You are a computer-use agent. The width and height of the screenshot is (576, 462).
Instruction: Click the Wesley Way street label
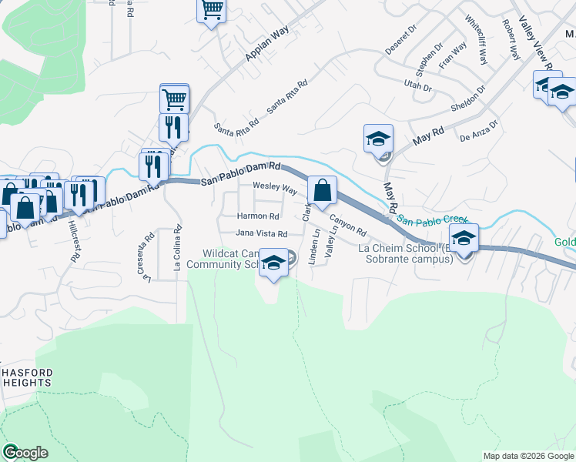[x=275, y=189]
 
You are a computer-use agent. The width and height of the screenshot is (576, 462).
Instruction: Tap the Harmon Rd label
[x=258, y=216]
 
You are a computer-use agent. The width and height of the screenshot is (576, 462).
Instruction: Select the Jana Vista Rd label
[x=261, y=233]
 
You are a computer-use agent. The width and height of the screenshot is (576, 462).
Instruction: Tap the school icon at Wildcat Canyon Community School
[x=273, y=263]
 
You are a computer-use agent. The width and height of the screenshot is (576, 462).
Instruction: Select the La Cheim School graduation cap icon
[x=464, y=238]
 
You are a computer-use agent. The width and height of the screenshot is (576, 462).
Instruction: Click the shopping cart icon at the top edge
[x=211, y=10]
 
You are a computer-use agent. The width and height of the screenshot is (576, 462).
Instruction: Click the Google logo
[x=25, y=453]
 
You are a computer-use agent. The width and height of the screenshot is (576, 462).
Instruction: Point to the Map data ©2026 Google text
[x=527, y=456]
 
